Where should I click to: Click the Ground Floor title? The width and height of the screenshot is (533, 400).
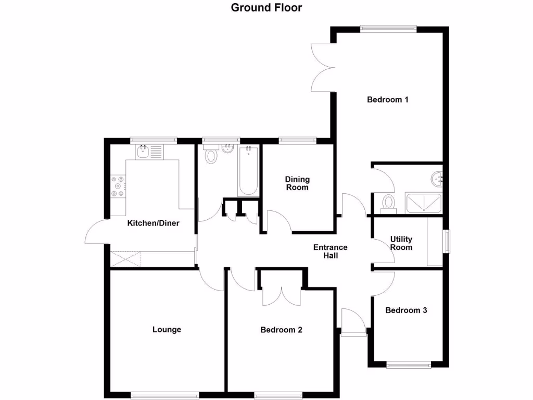(x=266, y=7)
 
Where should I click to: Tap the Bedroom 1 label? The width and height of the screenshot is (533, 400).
(x=387, y=99)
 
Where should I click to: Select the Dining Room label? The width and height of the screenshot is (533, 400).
(x=297, y=183)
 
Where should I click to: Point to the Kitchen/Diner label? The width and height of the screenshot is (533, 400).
(x=154, y=223)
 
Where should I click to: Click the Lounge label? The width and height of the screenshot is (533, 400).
(x=167, y=329)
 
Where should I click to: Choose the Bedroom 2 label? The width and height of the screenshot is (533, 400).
(x=281, y=329)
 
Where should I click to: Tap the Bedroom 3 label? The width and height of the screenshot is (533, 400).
(x=406, y=310)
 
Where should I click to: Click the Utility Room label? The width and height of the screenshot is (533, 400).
(x=401, y=243)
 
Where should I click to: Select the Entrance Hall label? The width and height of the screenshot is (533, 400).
(x=330, y=252)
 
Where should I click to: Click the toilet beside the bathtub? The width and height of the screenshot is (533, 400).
(x=211, y=155)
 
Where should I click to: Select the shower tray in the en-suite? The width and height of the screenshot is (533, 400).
(x=424, y=203)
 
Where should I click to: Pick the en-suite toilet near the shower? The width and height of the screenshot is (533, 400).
(x=388, y=203)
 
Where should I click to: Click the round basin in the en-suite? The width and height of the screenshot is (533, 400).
(x=437, y=179)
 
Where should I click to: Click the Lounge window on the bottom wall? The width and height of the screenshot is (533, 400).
(x=165, y=395)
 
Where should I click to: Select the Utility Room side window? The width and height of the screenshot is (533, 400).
(x=447, y=242)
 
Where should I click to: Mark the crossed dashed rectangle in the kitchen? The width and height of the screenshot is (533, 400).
(x=126, y=259)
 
